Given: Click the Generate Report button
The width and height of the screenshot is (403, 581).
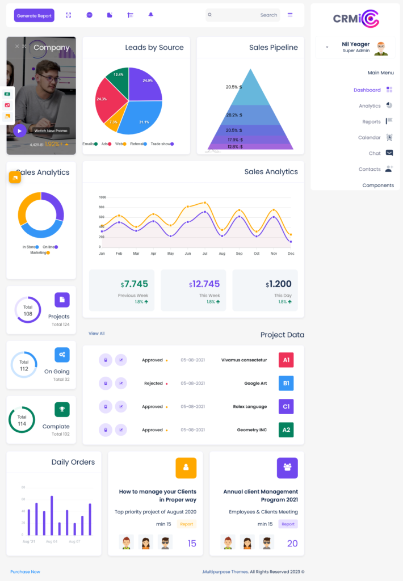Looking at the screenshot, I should [x=34, y=16].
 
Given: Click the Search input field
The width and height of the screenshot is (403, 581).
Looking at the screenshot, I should [x=244, y=15].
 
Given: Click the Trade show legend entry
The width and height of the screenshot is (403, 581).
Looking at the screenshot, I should [x=162, y=144].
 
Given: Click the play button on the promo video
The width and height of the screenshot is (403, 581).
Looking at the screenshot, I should [x=20, y=130].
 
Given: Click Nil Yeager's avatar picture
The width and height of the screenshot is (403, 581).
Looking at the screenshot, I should [x=381, y=48].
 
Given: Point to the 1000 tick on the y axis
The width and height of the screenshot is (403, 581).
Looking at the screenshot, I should [x=103, y=197].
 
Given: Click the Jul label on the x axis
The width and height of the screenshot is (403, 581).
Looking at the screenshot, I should [x=204, y=254].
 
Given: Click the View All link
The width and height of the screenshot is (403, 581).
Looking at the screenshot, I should [x=96, y=334].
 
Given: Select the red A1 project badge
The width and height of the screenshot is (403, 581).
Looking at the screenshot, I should [x=286, y=360].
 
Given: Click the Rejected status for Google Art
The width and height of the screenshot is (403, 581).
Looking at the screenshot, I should [x=154, y=384].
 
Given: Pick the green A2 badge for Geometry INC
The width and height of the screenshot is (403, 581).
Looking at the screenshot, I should [x=286, y=430].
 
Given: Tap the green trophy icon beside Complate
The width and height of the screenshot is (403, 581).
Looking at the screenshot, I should [x=62, y=409].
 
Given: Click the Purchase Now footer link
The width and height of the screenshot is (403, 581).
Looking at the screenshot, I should [x=25, y=572].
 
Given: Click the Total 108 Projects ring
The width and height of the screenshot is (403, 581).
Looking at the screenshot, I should [x=27, y=310].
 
